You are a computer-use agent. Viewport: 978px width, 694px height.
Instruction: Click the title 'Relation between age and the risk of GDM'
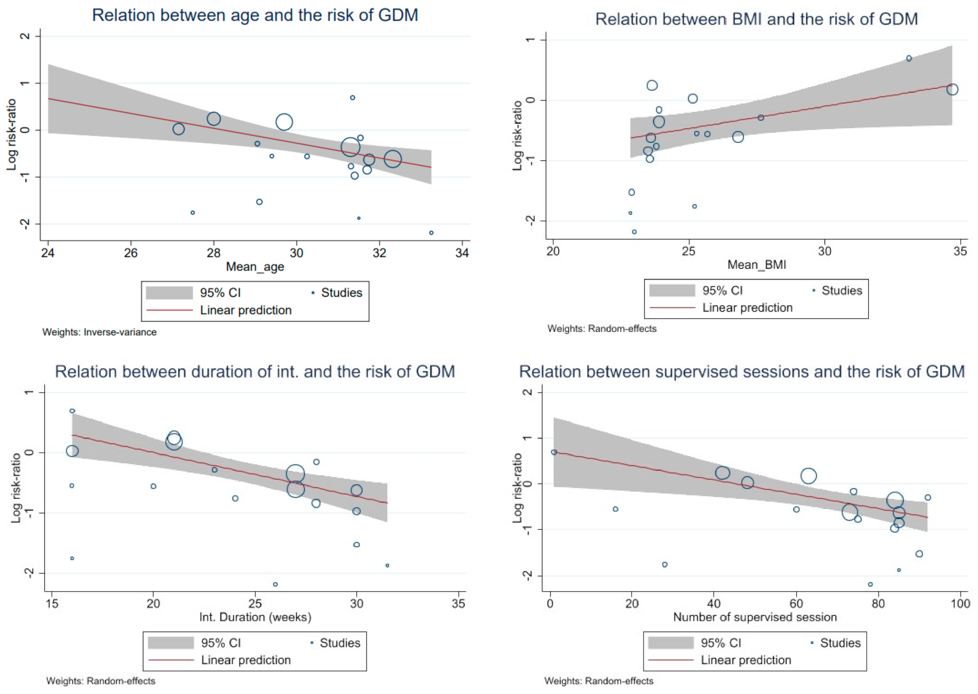point(255,15)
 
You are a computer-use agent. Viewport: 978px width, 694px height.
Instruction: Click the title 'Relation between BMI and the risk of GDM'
point(756,19)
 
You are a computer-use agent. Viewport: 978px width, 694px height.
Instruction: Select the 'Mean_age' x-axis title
point(255,267)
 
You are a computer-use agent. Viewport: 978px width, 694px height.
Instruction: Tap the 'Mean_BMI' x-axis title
point(757,264)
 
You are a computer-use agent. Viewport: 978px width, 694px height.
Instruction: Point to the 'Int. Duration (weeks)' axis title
point(255,617)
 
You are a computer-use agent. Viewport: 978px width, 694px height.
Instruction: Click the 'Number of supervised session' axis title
point(754,617)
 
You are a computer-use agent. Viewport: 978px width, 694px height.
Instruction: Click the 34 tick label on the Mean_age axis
point(462,253)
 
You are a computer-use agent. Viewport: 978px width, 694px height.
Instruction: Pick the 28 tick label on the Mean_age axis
point(214,253)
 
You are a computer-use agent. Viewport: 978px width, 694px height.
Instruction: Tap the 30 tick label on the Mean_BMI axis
point(824,251)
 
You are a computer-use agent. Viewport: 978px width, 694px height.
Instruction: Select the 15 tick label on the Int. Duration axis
point(52,603)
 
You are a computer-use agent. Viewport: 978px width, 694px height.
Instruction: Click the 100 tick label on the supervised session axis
point(960,603)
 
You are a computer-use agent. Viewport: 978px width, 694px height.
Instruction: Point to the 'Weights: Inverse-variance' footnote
point(99,332)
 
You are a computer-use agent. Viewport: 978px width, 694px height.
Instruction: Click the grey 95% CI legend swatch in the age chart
point(169,292)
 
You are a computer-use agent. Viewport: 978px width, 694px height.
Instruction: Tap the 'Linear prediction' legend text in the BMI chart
point(747,308)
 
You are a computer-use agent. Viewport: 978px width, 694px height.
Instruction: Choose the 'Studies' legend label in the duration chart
point(339,643)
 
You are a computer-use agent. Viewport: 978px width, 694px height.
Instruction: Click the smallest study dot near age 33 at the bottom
point(431,232)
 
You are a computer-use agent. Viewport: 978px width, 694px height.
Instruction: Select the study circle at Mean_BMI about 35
point(952,89)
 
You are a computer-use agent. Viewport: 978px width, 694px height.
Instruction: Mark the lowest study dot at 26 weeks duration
point(275,584)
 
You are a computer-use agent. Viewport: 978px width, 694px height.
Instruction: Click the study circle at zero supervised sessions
point(554,452)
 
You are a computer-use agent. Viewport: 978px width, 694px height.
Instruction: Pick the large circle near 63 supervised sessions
point(808,476)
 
